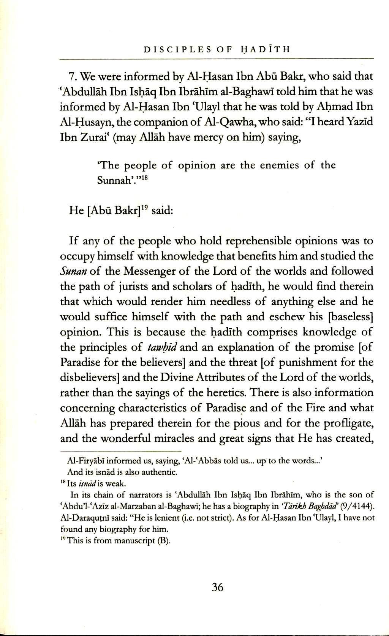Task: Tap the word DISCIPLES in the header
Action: click(171, 49)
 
